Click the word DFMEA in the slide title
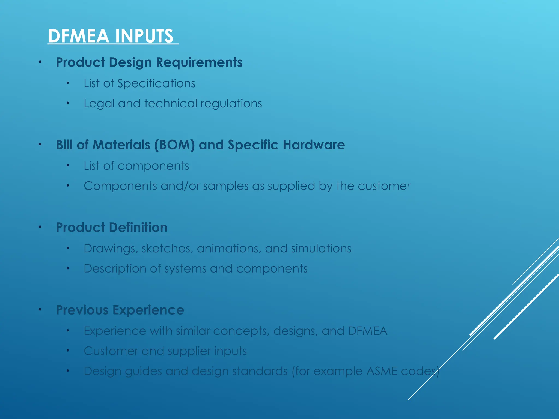coord(79,36)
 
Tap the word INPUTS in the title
coord(144,36)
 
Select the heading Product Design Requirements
coord(149,62)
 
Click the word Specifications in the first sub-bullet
coord(156,83)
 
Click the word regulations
coord(231,104)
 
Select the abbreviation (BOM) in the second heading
coord(175,145)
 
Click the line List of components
coord(136,166)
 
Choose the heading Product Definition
coord(112,228)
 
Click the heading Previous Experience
coord(120,310)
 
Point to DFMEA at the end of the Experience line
coord(367,331)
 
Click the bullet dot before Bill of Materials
coord(40,144)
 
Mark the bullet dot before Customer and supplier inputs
coord(68,351)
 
